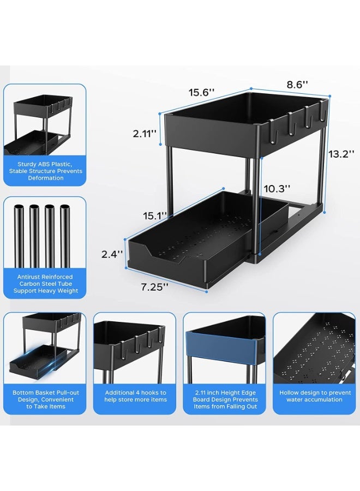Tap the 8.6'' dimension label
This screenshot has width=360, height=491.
point(298,85)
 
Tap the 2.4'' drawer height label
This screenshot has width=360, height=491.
point(113,254)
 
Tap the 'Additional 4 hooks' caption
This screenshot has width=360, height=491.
point(135,396)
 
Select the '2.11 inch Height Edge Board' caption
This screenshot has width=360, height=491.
point(224,399)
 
